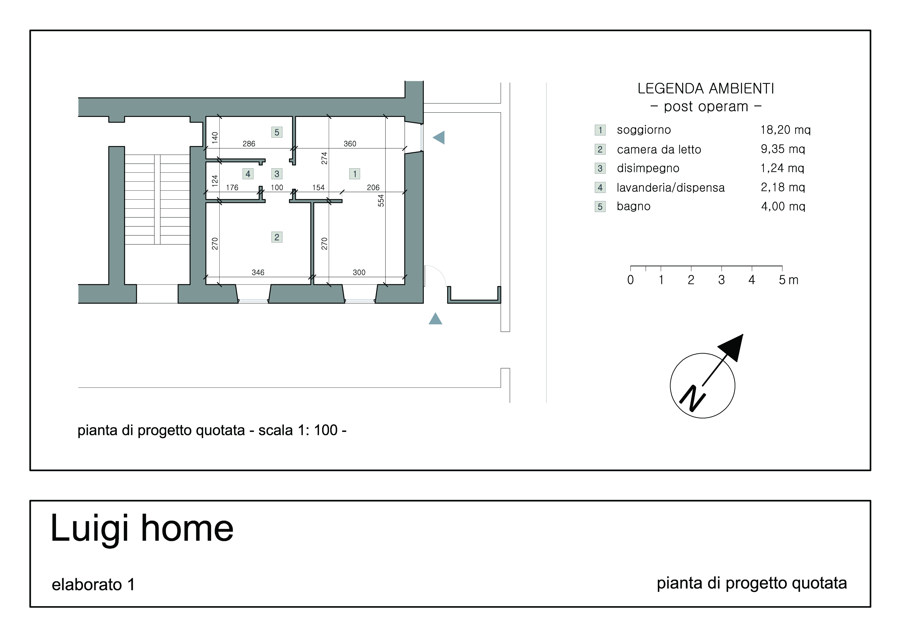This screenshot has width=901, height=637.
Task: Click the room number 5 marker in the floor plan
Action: coord(277,132)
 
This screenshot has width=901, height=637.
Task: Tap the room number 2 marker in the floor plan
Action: coord(277,237)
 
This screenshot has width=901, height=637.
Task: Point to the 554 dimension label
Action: coord(381,201)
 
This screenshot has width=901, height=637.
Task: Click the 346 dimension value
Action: coord(258,272)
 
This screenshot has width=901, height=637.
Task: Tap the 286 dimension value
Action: coord(249,144)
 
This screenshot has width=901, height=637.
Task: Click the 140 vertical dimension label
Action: coord(215,137)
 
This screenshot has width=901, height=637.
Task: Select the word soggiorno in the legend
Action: coord(644,130)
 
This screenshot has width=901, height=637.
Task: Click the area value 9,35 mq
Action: coord(783,149)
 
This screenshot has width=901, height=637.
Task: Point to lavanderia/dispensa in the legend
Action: coord(670,188)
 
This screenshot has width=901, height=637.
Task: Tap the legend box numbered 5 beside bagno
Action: coord(600,206)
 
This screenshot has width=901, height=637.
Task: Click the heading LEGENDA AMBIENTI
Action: coord(706,89)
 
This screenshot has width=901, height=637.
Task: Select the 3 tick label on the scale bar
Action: coord(721,280)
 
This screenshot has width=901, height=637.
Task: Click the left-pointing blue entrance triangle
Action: coord(439,137)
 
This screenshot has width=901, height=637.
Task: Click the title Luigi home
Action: coord(142,528)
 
